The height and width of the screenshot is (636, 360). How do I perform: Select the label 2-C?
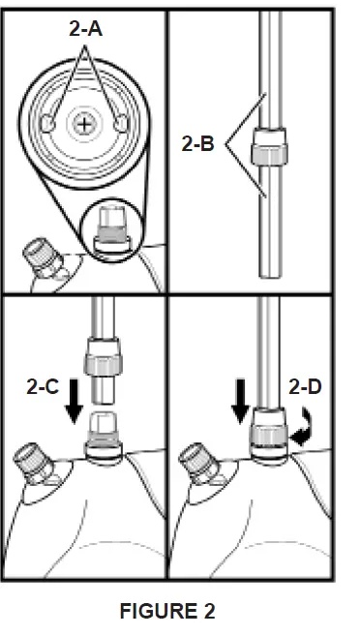pos(41,386)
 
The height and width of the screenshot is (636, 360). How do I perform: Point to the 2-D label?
pos(307,386)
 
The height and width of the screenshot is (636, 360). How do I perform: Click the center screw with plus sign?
pos(87,124)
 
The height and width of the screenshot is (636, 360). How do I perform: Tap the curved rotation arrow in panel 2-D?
pos(303,425)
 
